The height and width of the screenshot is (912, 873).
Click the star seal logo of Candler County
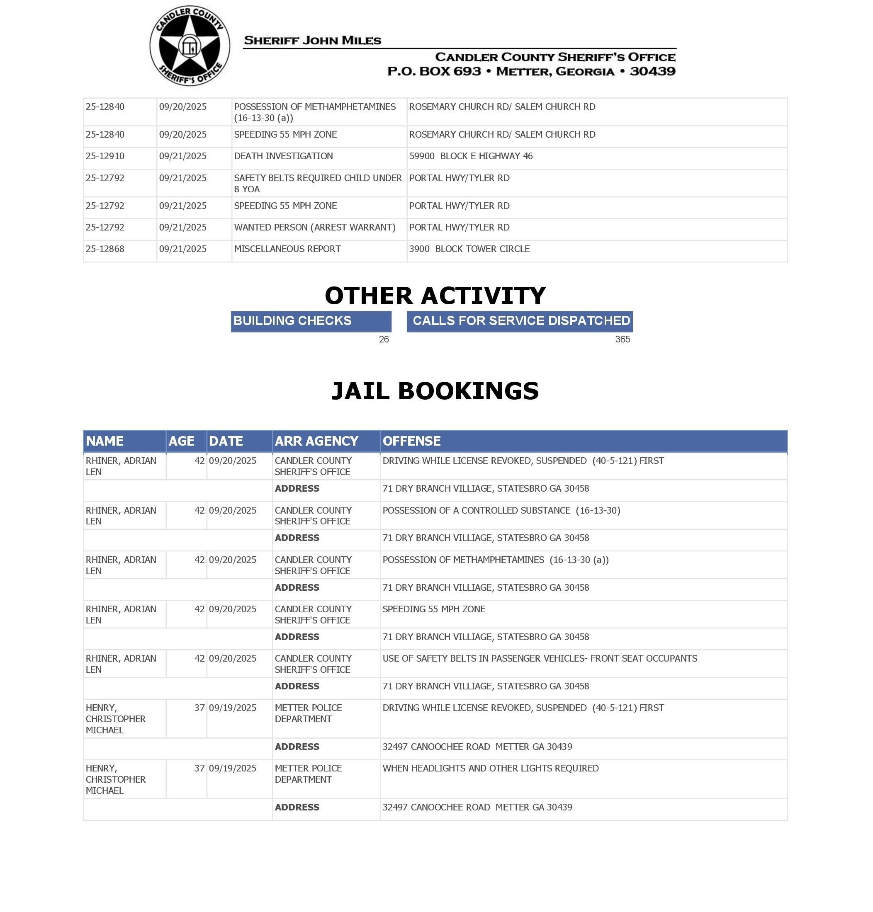click(x=190, y=46)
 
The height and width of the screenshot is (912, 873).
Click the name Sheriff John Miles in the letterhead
click(x=312, y=41)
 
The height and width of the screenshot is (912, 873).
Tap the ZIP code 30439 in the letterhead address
click(x=652, y=71)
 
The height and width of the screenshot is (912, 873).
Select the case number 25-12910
click(x=105, y=156)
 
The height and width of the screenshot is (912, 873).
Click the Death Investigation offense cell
click(x=283, y=156)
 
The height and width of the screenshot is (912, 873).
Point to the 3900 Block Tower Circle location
click(x=469, y=249)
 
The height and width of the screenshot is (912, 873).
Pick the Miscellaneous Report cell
click(x=287, y=249)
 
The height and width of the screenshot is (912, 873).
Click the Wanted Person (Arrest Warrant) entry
click(x=315, y=228)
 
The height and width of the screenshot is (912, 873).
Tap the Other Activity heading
click(x=435, y=296)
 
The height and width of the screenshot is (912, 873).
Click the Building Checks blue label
click(x=311, y=321)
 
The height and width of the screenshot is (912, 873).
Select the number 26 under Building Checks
click(x=384, y=340)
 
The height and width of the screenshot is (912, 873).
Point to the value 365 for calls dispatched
click(x=622, y=340)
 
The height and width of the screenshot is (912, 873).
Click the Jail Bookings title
click(x=435, y=391)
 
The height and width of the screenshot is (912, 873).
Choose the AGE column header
click(x=182, y=441)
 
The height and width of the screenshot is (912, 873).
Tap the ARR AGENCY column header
click(x=316, y=441)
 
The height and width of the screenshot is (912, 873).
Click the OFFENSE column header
click(x=411, y=441)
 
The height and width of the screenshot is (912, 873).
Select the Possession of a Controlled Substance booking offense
click(x=501, y=510)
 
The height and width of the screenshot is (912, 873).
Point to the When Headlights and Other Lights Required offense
click(x=491, y=768)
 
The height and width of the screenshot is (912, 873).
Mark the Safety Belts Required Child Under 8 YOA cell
click(x=318, y=183)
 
